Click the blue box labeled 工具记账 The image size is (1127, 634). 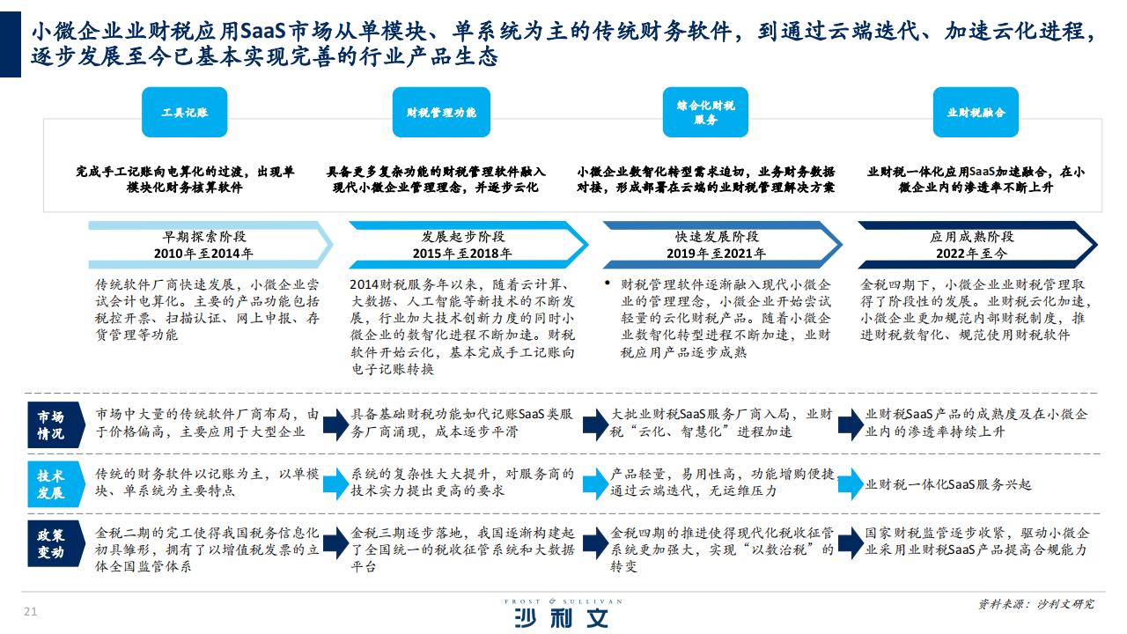184,112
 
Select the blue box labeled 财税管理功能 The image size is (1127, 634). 441,112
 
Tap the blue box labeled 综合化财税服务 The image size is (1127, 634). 705,112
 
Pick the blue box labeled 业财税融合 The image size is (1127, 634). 976,112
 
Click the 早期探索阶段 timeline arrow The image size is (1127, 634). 210,245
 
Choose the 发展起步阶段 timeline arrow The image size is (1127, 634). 468,245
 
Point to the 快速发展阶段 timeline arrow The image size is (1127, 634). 722,245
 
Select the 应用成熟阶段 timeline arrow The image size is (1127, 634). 977,245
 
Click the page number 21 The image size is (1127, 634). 30,611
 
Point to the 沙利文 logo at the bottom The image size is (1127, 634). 563,614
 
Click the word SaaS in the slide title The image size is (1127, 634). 263,31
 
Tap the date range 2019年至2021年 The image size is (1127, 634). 716,254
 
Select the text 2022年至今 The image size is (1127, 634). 971,254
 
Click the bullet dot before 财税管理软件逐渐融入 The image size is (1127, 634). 608,284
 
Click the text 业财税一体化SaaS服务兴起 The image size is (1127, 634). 948,484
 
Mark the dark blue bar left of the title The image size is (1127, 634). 10,44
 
